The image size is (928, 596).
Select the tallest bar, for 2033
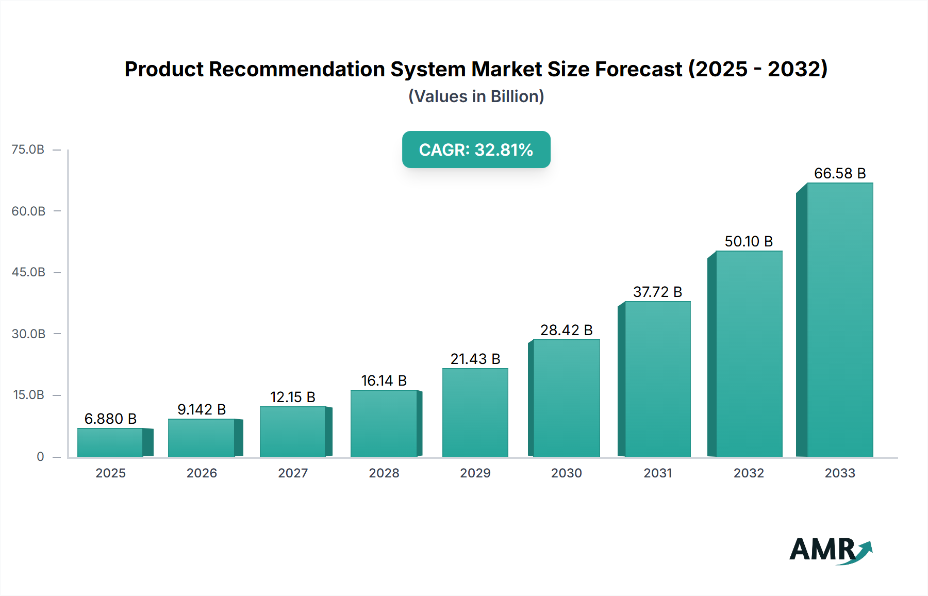point(839,320)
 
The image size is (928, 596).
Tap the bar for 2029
point(475,412)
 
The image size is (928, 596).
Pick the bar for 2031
point(657,379)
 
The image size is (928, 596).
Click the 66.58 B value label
point(839,173)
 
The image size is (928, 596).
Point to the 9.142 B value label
point(202,409)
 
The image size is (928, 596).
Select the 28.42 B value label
point(566,330)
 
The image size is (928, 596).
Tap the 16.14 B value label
point(384,380)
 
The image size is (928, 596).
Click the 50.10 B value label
point(748,241)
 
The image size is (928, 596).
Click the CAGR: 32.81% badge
point(476,150)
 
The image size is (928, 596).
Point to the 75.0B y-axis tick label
point(28,150)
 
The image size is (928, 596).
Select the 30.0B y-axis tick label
point(28,334)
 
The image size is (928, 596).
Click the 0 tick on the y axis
point(40,456)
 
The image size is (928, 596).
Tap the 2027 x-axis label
point(292,473)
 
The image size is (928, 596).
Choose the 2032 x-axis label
point(748,473)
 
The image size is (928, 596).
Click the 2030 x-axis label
point(566,473)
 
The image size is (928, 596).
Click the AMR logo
point(830,550)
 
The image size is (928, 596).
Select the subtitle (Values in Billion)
point(476,96)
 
